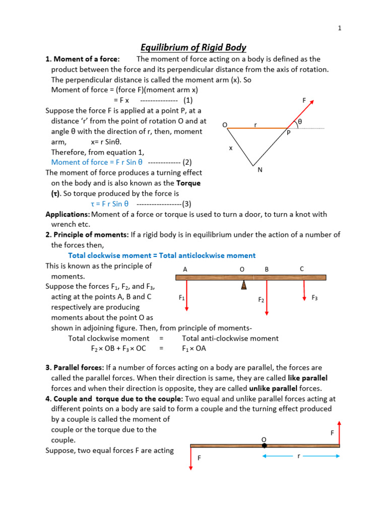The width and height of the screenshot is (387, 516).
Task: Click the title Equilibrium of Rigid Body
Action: tap(193, 47)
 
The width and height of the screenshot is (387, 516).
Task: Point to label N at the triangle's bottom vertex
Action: tap(260, 170)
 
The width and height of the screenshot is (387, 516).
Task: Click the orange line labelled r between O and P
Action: tap(257, 128)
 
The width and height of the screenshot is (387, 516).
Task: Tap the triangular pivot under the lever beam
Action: tap(244, 285)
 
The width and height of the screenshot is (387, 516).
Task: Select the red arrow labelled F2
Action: tap(267, 297)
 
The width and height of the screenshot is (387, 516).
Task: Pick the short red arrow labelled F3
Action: tap(304, 291)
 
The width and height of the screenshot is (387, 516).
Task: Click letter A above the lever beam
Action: tap(185, 269)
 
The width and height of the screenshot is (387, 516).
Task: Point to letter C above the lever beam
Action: tap(302, 269)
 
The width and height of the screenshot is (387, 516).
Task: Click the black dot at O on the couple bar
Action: tap(264, 445)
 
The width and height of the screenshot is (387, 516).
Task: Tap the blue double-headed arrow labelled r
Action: tap(301, 456)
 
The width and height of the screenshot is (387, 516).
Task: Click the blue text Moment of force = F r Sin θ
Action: tap(97, 162)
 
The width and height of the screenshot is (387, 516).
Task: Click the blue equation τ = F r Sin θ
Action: tap(110, 204)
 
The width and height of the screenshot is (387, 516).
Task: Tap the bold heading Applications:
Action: tap(68, 214)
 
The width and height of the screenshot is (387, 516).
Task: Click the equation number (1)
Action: tap(188, 100)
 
